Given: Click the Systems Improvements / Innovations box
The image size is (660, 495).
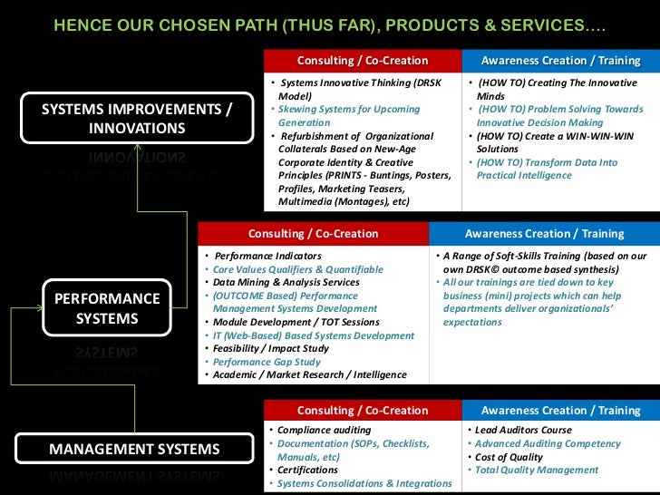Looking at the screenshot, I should [x=137, y=118].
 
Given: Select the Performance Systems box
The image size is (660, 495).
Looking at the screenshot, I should [x=107, y=308].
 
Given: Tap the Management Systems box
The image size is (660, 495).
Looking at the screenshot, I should [x=134, y=449].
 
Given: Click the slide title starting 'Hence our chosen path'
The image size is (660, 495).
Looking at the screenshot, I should [x=329, y=24].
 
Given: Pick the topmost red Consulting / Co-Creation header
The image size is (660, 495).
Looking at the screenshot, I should [x=362, y=61].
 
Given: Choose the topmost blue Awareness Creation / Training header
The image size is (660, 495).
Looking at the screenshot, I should [x=560, y=61].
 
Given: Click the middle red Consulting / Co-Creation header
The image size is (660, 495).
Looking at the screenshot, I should [x=313, y=233].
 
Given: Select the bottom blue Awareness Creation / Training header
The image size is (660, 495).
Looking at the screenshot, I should [x=560, y=411].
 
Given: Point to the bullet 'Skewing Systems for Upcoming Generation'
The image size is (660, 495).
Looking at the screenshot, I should [x=349, y=115].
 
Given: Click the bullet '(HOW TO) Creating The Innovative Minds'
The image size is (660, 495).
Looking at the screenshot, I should [x=557, y=89].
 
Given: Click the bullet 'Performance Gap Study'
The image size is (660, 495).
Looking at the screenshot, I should [x=264, y=362].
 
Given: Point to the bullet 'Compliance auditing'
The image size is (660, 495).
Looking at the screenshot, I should [x=324, y=430].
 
